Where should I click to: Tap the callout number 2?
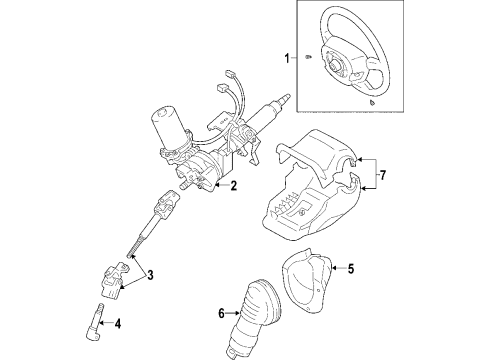[233, 186]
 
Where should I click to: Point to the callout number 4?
[120, 323]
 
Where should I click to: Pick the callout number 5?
[349, 267]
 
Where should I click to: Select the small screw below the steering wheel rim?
[371, 102]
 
